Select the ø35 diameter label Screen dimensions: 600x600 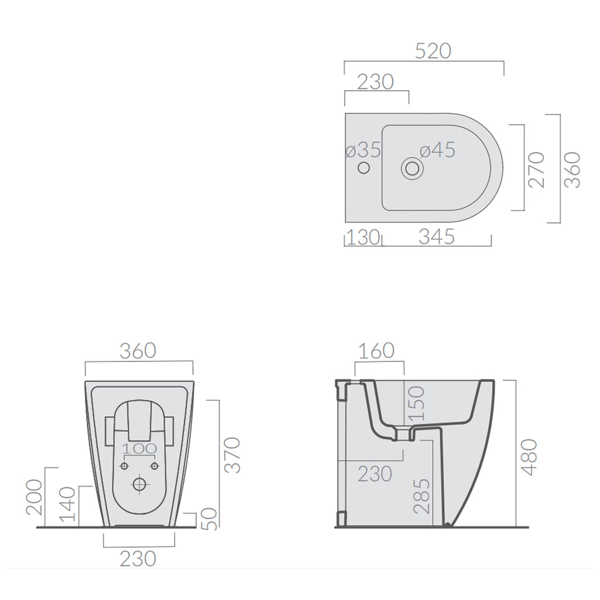point(363,150)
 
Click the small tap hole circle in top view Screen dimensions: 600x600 point(363,169)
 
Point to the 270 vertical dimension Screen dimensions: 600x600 point(536,169)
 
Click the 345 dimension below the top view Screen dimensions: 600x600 point(437,237)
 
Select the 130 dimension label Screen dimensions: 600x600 point(363,237)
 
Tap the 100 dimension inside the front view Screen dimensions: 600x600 point(139,449)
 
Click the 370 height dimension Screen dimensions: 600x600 point(232,454)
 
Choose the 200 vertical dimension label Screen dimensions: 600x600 point(35,497)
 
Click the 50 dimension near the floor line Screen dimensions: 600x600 point(212,519)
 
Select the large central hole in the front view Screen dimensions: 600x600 point(139,485)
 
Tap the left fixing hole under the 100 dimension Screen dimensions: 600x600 point(124,466)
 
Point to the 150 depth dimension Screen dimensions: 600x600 point(414,404)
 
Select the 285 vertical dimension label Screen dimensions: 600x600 point(421,496)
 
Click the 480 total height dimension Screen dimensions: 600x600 point(529,456)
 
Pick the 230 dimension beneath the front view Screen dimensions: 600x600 point(138,558)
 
